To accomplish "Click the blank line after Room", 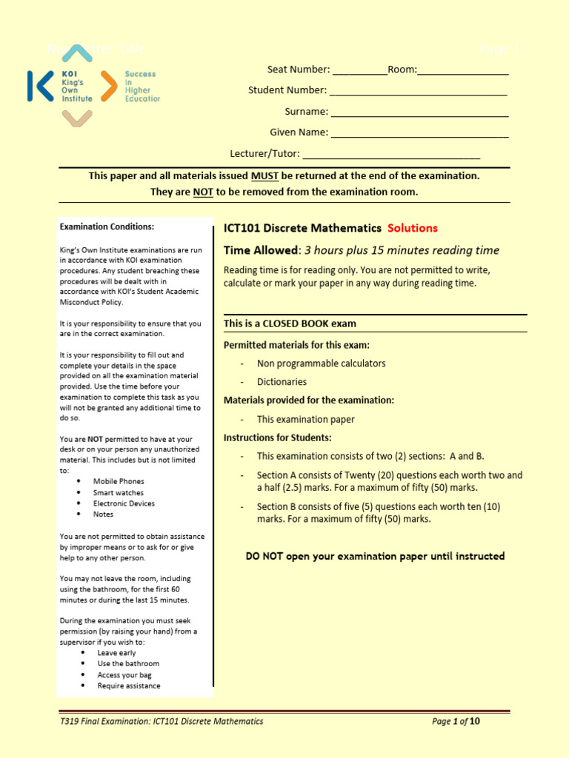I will coord(463,72).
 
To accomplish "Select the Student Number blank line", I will coord(418,93).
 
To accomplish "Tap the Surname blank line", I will coord(419,114).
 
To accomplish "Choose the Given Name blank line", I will coord(419,135).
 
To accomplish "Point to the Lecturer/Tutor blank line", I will coord(391,155).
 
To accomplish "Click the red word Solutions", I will coord(413,228).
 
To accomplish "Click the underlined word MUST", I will coord(264,176).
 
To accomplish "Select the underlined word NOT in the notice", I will coord(203,192).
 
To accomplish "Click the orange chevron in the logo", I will coord(108,86).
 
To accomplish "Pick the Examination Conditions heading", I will coord(107,227).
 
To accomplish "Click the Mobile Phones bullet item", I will coord(119,481).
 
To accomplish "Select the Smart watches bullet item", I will coord(119,492).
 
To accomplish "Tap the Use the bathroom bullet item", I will coord(128,663).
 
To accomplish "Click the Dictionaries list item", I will coord(282,382).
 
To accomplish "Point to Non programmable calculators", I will coord(321,363).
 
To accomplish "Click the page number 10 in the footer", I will coord(475,721).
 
